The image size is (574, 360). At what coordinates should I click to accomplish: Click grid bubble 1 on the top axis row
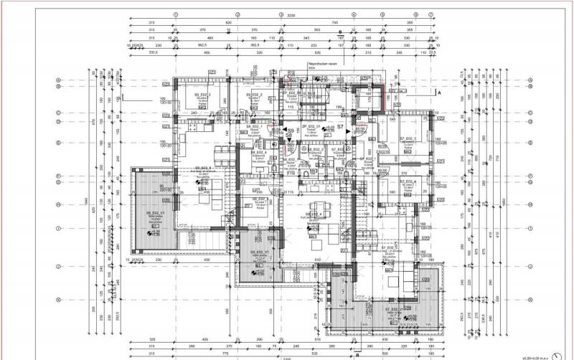[x=177, y=14]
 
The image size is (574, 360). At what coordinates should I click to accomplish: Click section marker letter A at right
[x=438, y=93]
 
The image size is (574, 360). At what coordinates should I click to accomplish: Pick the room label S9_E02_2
[x=255, y=95]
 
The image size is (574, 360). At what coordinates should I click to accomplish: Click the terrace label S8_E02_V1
[x=260, y=253]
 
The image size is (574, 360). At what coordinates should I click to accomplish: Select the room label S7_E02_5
[x=410, y=138]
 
